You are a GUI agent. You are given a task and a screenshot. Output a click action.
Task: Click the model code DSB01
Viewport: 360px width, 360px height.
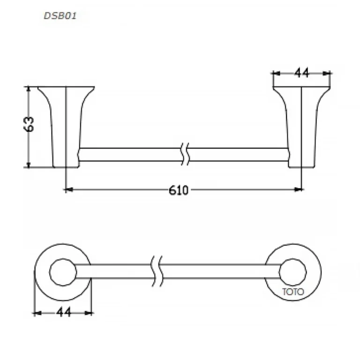60,16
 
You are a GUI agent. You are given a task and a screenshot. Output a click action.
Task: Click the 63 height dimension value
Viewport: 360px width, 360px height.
29,124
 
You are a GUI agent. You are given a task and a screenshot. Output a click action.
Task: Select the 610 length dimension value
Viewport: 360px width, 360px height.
179,190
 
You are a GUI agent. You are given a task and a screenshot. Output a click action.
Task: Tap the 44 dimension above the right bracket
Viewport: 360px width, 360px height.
301,73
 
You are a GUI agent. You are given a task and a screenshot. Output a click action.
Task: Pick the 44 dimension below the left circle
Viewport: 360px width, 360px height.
64,312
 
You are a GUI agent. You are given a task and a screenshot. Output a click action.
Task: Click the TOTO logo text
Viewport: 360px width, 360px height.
293,292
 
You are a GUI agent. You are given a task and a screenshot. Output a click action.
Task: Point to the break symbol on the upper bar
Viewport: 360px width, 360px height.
185,154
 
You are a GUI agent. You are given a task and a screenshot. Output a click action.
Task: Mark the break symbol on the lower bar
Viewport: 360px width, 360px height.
157,271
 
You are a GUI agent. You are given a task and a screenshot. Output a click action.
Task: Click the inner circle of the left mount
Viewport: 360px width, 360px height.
63,259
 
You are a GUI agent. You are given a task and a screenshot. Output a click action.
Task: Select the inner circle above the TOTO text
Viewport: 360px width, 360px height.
292,259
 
